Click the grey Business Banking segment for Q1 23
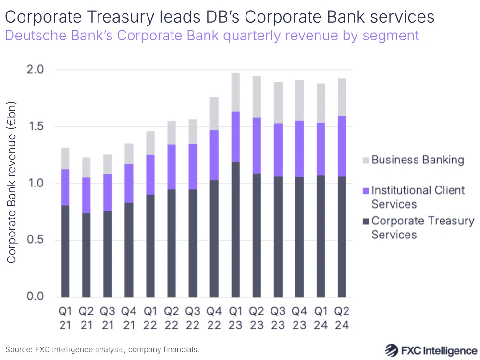point(235,92)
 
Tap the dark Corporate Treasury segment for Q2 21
point(86,255)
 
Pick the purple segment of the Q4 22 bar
point(214,155)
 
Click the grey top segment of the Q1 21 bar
point(65,158)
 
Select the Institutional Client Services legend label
point(418,197)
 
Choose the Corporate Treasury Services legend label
point(422,228)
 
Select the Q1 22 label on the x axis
point(150,318)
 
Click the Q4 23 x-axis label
point(299,318)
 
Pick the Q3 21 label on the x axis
point(108,318)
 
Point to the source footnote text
point(102,349)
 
